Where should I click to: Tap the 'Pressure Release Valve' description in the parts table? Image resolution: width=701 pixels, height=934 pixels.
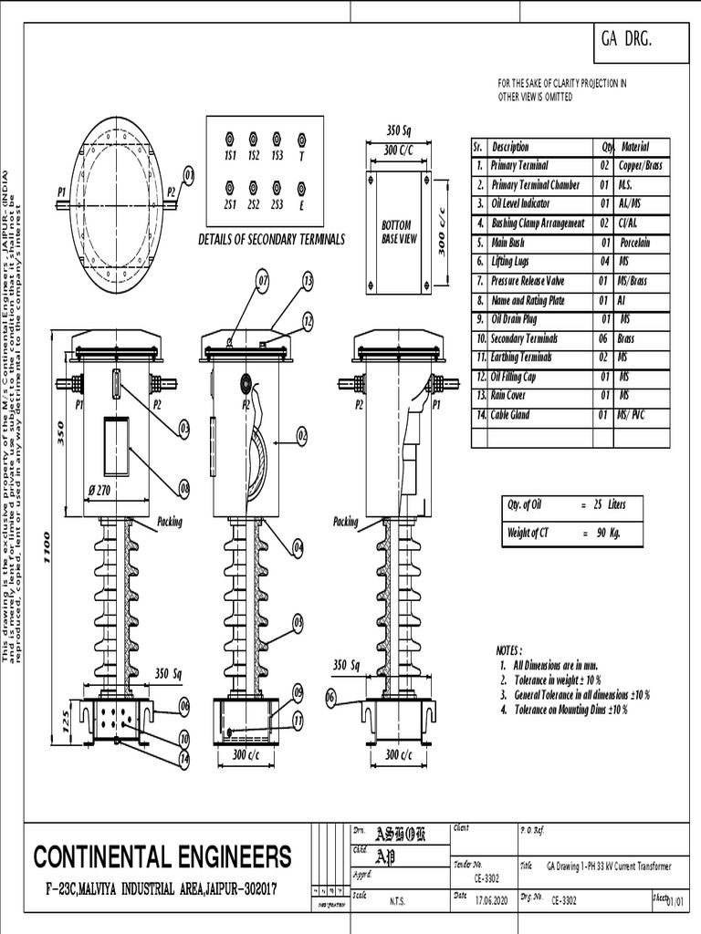point(528,281)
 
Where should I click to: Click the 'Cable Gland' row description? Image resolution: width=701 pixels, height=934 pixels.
point(516,415)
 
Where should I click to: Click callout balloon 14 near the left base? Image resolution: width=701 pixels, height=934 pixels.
point(183,758)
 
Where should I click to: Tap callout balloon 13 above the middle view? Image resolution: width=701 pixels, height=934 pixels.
point(308,280)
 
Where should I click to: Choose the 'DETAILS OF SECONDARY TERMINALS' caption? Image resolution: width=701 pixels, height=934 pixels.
point(271,239)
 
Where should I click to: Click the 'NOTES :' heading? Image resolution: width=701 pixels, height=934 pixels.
point(508,651)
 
